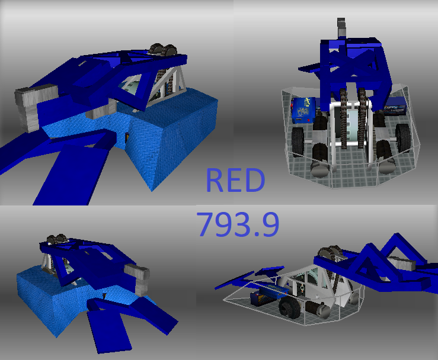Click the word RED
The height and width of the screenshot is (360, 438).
(235, 180)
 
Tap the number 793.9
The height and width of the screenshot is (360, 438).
(238, 224)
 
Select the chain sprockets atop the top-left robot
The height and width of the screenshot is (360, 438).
(162, 50)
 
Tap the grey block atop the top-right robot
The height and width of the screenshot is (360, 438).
(341, 27)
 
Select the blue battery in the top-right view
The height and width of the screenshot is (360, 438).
(303, 110)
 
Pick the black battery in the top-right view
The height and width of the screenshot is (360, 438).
(394, 110)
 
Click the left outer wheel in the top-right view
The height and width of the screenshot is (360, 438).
(298, 141)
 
